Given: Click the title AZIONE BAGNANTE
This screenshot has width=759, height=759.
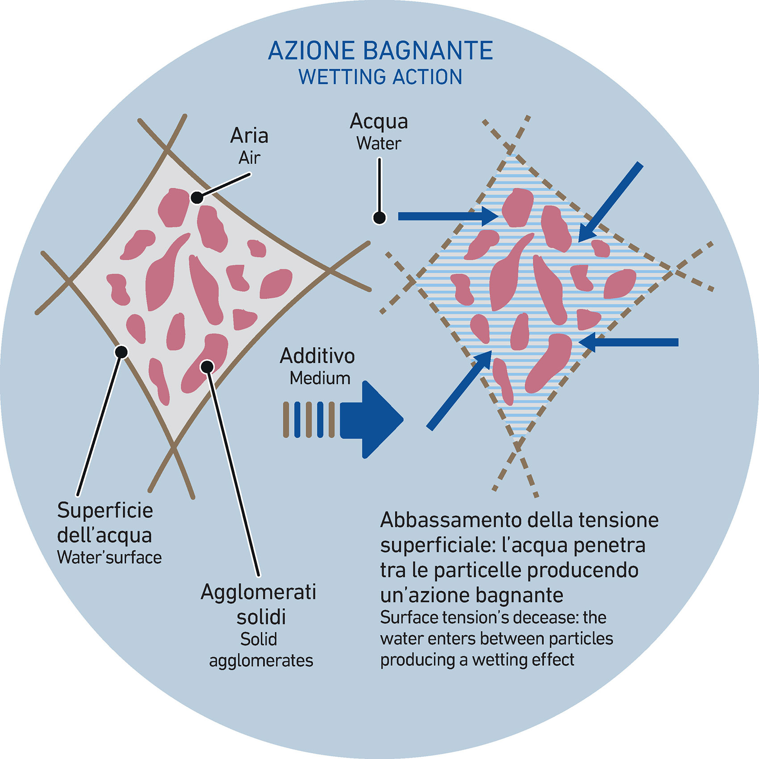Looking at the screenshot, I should coord(380,50).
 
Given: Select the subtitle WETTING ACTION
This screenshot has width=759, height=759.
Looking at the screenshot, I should coord(380,77).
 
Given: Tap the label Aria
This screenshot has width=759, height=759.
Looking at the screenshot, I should coord(249,136).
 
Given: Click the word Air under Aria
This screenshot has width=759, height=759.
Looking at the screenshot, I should coord(249,158).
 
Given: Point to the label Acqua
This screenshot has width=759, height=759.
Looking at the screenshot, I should coord(379,121).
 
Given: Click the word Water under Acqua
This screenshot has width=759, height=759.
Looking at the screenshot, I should coord(379,144).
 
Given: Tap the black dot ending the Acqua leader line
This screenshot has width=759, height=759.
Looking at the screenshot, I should coord(379,218).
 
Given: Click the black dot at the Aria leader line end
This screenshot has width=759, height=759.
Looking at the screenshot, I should coord(197,197).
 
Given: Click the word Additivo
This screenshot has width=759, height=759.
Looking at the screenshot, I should coord(317,356).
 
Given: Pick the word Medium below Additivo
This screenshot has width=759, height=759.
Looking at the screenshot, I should coord(320,378).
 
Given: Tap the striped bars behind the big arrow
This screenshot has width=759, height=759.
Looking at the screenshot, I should coord(309,419).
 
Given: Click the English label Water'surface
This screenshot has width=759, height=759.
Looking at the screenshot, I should coord(109,557).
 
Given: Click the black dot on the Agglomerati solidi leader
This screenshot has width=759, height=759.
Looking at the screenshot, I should coord(207,367).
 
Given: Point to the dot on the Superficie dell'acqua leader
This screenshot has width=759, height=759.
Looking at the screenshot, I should coord(121,352).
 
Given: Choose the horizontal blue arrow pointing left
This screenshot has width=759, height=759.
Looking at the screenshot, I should coord(629,342).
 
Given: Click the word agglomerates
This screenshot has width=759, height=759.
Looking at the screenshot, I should coord(261,661).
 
